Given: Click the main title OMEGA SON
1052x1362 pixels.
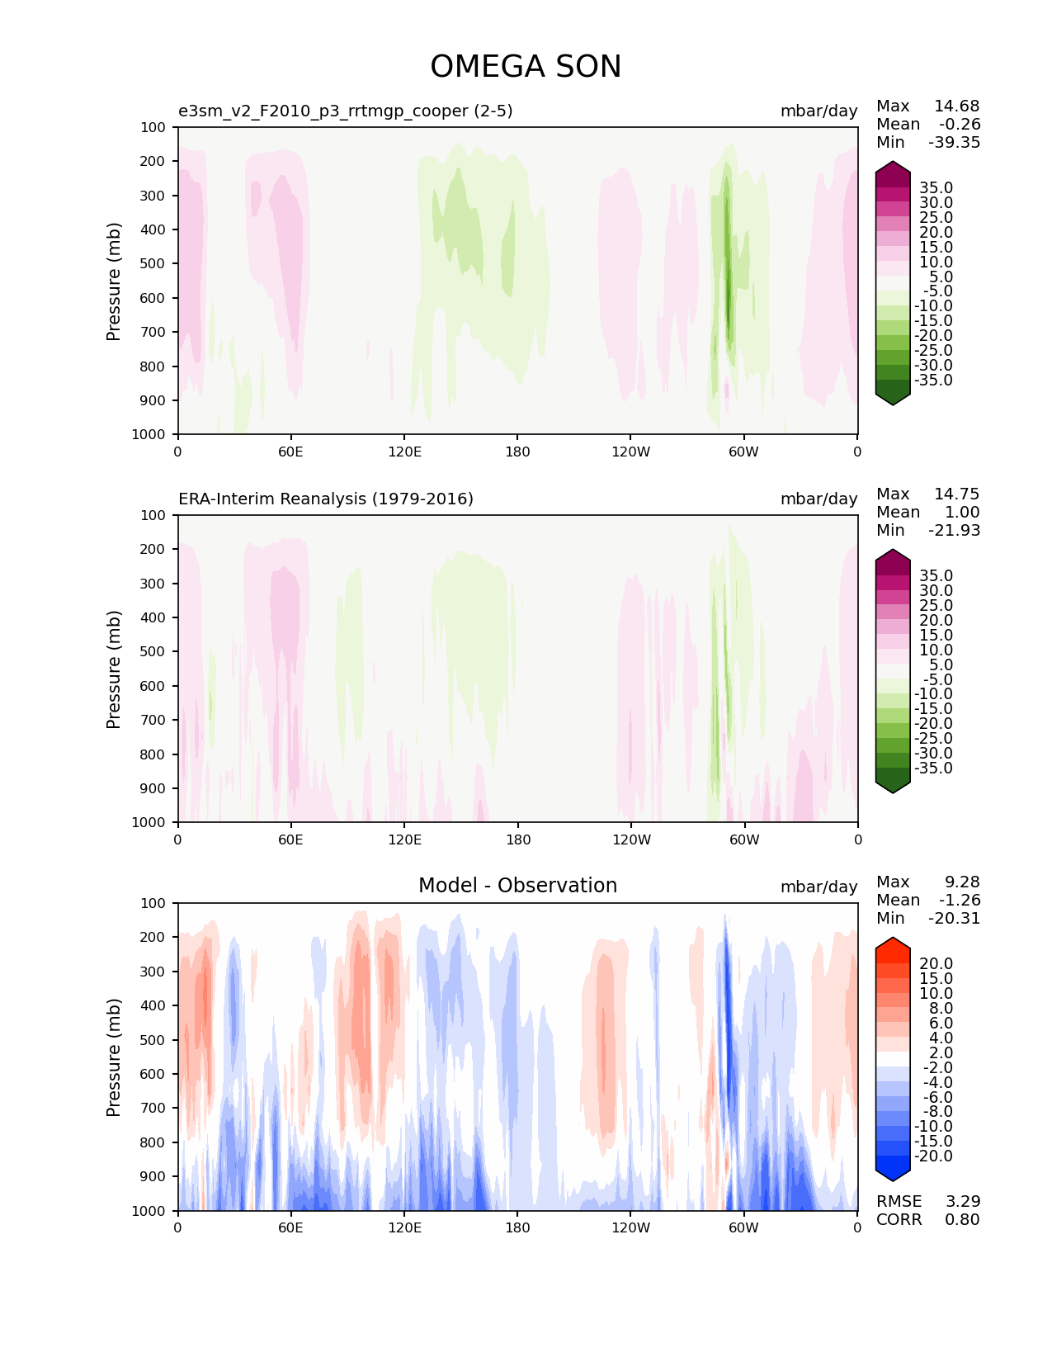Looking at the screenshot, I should (526, 67).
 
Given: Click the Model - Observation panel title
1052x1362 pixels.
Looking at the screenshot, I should (517, 886).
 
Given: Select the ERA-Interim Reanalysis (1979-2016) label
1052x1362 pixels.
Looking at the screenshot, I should (326, 499).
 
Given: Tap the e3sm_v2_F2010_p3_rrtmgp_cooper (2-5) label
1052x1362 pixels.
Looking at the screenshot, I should (346, 111).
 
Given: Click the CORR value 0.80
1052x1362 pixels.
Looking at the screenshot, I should (962, 1219).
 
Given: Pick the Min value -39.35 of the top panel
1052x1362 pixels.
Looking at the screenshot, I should (954, 142).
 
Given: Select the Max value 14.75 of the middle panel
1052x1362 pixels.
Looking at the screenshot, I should (956, 494).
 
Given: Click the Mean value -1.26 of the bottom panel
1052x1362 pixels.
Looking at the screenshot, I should (959, 900).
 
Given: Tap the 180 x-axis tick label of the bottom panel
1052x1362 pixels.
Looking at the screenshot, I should (517, 1227).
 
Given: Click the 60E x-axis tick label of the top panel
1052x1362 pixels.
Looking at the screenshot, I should (290, 452).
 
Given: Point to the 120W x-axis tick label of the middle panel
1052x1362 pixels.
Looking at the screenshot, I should (631, 839).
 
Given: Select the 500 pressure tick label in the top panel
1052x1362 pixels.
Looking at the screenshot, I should (154, 263).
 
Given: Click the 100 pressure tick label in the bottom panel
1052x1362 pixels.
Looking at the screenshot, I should (154, 903).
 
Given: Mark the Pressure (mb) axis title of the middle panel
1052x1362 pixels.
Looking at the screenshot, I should (114, 669).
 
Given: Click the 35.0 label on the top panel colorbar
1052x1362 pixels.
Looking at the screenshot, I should (936, 188).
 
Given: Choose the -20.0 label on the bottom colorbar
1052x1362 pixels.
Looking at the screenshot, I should (933, 1156).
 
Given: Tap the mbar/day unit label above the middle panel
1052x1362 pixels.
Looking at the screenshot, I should (818, 499).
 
